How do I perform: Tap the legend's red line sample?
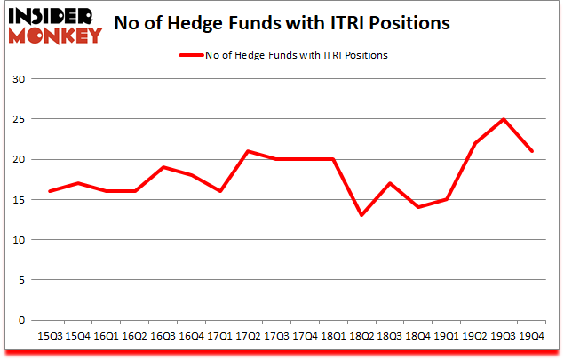coord(193,55)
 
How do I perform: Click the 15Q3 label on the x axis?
coord(49,336)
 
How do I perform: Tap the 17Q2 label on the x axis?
coord(250,336)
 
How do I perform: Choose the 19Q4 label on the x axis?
coord(532,336)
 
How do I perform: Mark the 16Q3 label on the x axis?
coord(163,336)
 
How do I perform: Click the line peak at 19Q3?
coord(504,119)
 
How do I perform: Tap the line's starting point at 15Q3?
coord(49,191)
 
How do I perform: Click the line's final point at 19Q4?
coord(532,151)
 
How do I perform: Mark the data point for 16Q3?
coord(163,167)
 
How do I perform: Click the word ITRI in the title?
coord(358,22)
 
